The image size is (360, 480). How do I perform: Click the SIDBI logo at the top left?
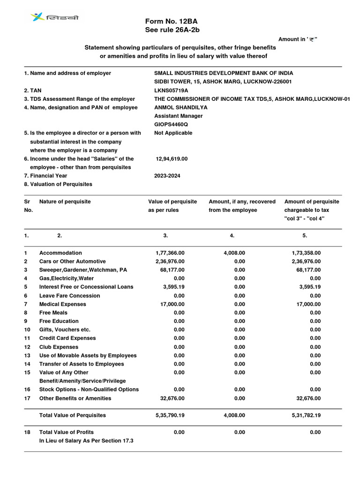[55, 17]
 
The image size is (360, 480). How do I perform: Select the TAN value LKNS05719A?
[171, 90]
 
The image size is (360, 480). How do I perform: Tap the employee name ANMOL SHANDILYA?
[180, 107]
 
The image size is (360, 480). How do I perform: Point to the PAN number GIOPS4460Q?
[171, 124]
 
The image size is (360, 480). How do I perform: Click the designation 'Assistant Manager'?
[178, 116]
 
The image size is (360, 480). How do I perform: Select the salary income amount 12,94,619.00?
[172, 159]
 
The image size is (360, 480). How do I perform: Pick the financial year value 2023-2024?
[167, 176]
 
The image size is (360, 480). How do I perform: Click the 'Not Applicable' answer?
[173, 133]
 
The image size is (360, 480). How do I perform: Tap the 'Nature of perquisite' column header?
[65, 202]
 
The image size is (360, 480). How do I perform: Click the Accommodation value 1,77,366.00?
[170, 253]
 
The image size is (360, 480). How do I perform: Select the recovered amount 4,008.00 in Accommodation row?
[234, 253]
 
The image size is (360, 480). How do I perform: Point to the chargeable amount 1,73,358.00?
[306, 253]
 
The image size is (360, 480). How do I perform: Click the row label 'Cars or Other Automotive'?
[72, 261]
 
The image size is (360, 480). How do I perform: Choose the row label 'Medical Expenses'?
[62, 304]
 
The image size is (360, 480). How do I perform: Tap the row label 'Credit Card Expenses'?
[67, 338]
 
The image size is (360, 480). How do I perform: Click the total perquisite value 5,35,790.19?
[170, 415]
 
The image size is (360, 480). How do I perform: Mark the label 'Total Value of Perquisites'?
[72, 415]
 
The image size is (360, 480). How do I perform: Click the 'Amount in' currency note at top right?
[298, 39]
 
